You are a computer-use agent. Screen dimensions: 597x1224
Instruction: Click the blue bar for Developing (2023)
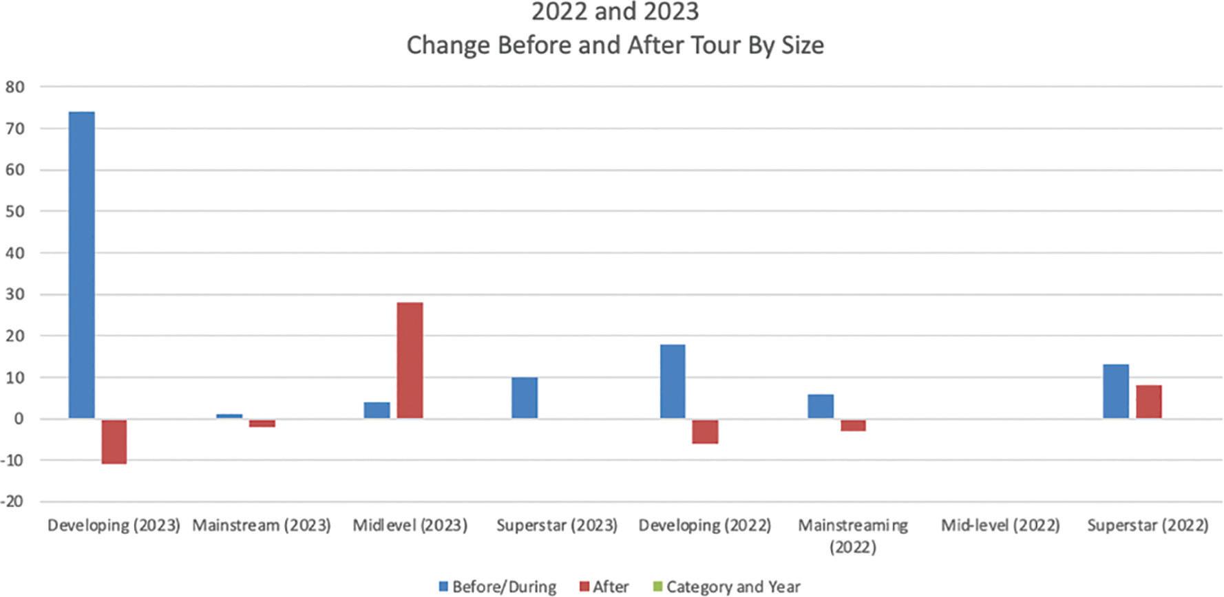click(82, 265)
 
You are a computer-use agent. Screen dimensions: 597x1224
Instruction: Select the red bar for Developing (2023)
click(114, 441)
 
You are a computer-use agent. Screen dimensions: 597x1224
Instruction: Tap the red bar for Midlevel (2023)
click(410, 360)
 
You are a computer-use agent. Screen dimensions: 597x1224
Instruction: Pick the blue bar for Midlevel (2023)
click(377, 411)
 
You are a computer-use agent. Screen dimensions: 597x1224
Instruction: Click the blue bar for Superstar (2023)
click(525, 398)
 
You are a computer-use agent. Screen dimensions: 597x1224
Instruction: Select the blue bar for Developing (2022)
click(673, 381)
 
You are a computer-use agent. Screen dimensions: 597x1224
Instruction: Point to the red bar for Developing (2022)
click(705, 431)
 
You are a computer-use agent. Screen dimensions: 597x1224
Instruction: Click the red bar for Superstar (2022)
click(1148, 402)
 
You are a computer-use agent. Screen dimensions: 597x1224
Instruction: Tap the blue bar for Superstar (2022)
click(1115, 391)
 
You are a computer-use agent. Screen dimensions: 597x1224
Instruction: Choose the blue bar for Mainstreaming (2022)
click(820, 406)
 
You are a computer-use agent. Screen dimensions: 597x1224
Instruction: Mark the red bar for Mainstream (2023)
click(262, 423)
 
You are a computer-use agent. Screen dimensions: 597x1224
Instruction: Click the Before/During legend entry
click(497, 587)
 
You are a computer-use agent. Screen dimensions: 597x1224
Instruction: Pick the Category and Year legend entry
click(726, 587)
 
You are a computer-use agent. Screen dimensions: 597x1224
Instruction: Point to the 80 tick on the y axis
click(15, 87)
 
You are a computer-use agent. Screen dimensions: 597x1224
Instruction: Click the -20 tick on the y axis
click(13, 501)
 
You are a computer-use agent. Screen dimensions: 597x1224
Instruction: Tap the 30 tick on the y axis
click(15, 294)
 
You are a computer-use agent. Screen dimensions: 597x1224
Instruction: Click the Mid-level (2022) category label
click(1000, 525)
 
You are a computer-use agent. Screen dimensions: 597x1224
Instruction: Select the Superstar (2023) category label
click(557, 525)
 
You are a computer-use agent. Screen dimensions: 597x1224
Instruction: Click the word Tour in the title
click(695, 45)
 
